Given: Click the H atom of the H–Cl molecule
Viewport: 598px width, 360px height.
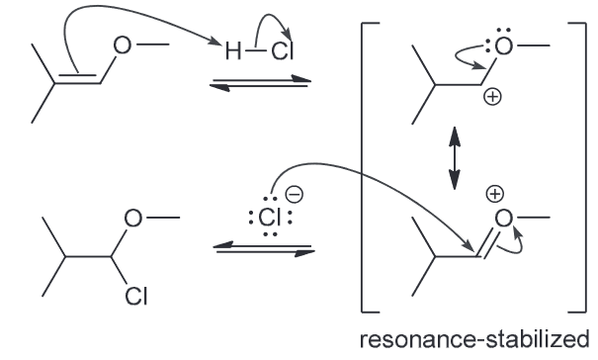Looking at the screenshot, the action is tap(233, 50).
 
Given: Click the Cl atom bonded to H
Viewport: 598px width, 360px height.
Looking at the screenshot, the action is tap(283, 50).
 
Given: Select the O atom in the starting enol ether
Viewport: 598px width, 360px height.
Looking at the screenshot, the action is tap(122, 45).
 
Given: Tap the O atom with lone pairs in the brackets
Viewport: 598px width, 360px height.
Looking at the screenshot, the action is tap(503, 46).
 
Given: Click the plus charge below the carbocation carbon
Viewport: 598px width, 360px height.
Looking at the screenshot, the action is tap(492, 97).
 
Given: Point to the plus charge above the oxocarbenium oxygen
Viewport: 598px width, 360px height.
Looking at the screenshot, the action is tap(494, 194).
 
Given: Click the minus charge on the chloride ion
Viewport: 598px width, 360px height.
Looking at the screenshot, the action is tap(295, 194).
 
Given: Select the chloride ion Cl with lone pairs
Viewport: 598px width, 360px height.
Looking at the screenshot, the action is tap(270, 218).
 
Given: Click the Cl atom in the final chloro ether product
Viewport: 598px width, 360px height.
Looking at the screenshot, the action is tap(136, 297).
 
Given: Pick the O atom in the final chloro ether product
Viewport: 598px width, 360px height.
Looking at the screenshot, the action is tap(133, 218).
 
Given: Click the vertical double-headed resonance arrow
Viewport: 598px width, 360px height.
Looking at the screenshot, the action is tap(455, 158).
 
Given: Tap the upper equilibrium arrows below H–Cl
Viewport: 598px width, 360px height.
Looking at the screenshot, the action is tap(261, 83).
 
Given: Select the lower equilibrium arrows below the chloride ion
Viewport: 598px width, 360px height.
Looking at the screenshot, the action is tap(264, 249).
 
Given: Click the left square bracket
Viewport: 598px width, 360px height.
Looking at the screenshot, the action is tap(363, 168).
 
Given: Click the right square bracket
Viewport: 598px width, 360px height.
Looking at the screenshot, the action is tap(585, 168).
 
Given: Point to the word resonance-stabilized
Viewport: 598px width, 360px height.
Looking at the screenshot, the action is tap(474, 339).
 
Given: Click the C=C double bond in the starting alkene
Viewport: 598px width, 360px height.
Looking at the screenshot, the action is tap(77, 78).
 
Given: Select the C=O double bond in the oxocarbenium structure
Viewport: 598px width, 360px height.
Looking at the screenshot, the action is tap(487, 242).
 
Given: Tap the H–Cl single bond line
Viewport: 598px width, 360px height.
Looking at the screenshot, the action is tap(255, 50).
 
